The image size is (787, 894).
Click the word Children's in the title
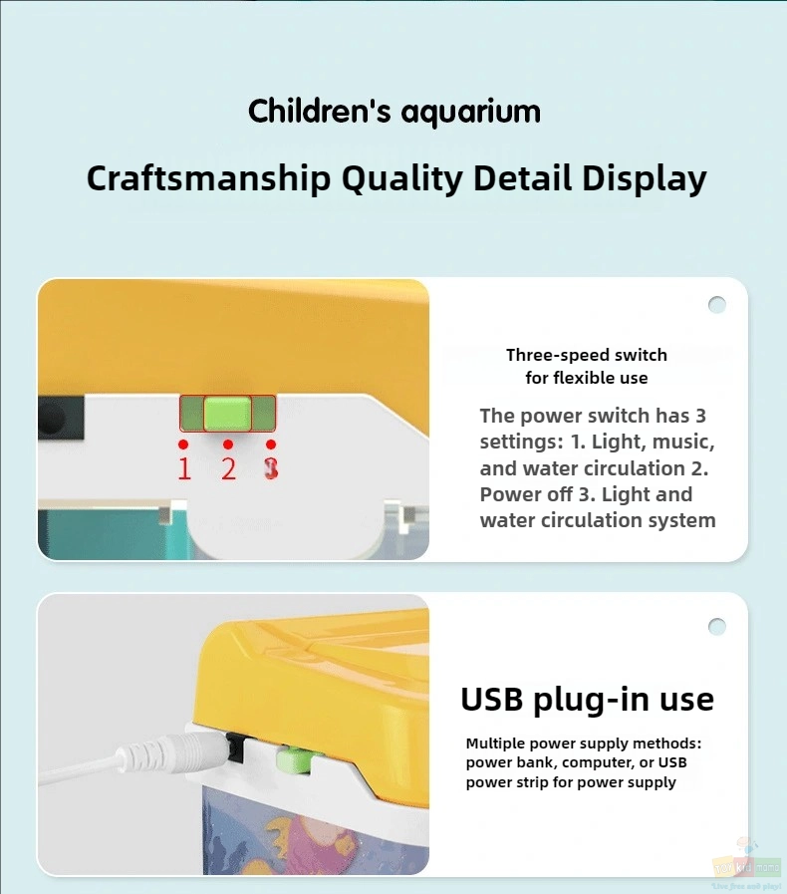click(319, 110)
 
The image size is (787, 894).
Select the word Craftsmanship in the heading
click(208, 178)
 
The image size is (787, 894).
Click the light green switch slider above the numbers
click(227, 414)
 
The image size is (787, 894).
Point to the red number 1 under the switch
click(184, 468)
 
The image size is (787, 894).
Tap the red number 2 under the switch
click(228, 468)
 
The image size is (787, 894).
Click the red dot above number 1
click(183, 445)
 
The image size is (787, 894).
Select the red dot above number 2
click(228, 445)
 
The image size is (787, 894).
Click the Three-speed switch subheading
click(587, 355)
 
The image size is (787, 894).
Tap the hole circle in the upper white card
click(717, 305)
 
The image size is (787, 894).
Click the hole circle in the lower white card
click(717, 627)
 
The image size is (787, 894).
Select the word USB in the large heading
click(491, 699)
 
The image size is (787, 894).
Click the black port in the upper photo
click(61, 419)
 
